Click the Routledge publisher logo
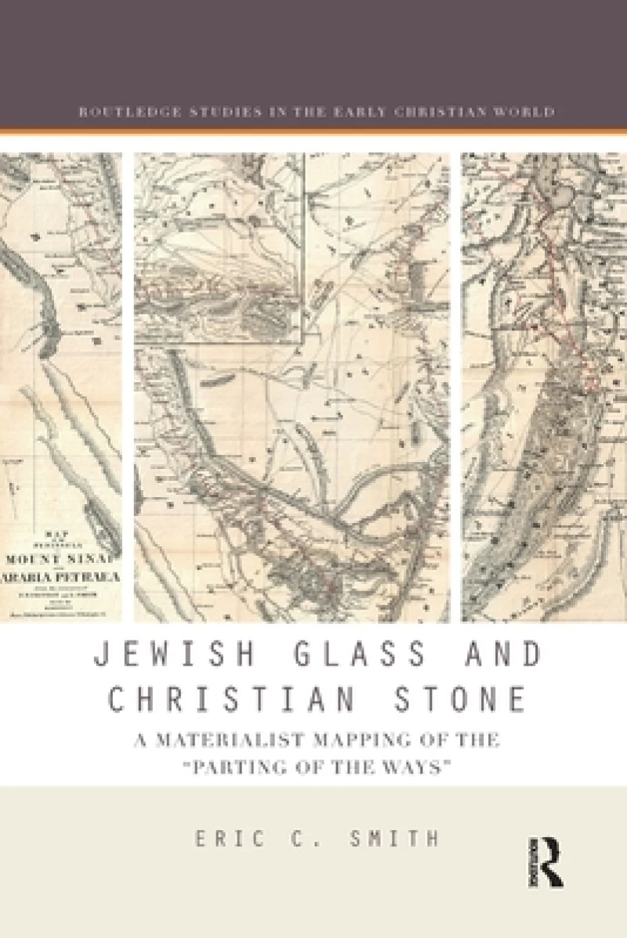pyautogui.click(x=551, y=860)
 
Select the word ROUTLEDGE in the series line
pyautogui.click(x=121, y=111)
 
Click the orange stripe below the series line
pyautogui.click(x=313, y=130)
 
